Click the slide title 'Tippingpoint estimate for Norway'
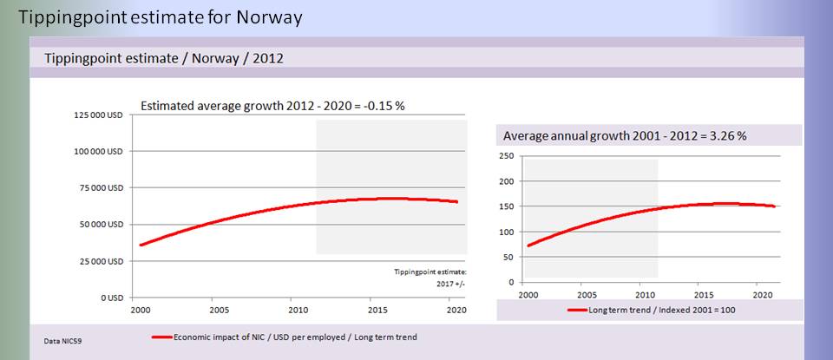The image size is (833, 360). pyautogui.click(x=161, y=17)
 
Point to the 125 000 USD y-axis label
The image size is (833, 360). pyautogui.click(x=97, y=115)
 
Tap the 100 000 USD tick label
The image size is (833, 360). pyautogui.click(x=97, y=151)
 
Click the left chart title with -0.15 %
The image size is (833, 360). pyautogui.click(x=273, y=106)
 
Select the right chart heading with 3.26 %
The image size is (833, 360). pyautogui.click(x=625, y=136)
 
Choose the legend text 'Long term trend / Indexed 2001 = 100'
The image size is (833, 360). pyautogui.click(x=658, y=310)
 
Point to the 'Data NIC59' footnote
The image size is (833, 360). pyautogui.click(x=63, y=342)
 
